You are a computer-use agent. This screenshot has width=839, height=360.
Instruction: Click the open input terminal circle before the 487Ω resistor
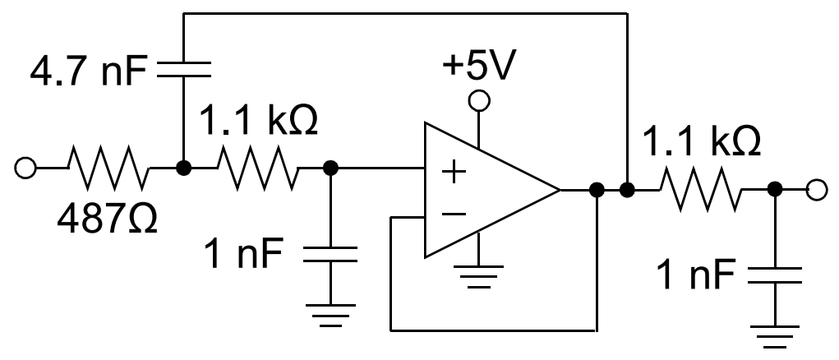point(25,168)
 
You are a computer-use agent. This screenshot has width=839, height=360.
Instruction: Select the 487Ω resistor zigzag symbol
point(108,168)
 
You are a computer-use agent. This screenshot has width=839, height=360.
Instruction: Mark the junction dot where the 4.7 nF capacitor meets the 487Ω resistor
point(182,168)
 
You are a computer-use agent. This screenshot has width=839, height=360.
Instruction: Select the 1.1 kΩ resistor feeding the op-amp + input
point(257,168)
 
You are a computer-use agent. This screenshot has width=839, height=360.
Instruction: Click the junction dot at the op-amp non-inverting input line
point(330,168)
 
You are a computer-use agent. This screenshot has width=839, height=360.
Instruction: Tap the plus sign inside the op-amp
point(453,173)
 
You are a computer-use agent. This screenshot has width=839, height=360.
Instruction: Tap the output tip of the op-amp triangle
point(559,191)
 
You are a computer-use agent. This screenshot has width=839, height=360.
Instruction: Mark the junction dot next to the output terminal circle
point(773,191)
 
